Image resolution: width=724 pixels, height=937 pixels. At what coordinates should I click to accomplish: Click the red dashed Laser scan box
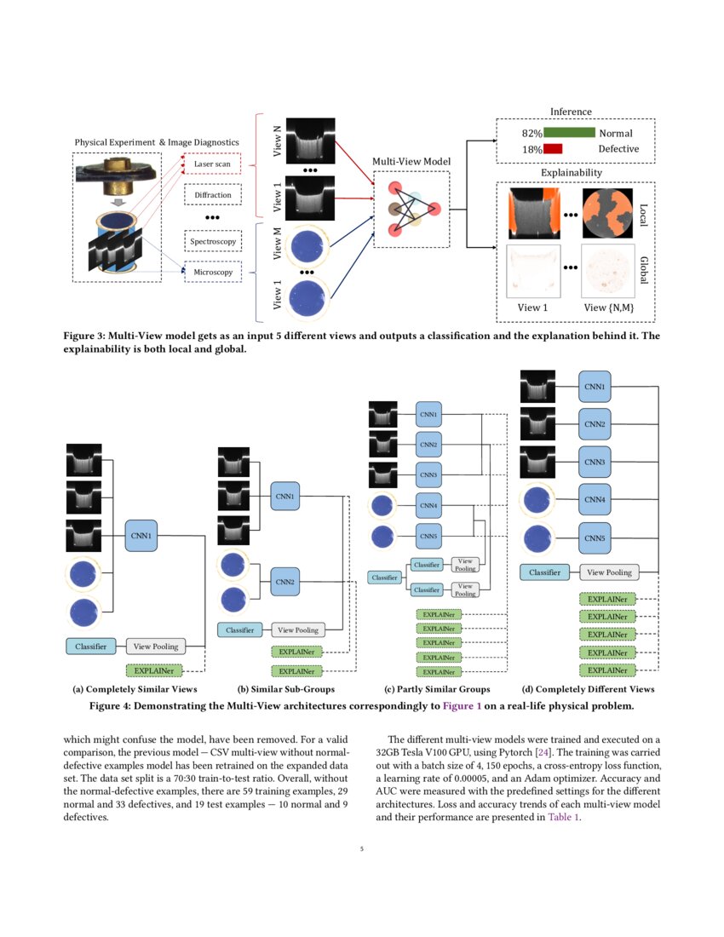click(x=213, y=163)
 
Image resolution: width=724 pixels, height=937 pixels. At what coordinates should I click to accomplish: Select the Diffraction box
click(x=213, y=195)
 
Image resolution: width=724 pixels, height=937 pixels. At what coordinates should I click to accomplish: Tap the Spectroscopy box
click(x=213, y=242)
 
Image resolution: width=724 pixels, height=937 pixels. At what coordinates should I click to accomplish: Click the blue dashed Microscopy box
click(x=213, y=273)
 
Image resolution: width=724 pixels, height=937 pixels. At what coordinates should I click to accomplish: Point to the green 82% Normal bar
click(x=569, y=134)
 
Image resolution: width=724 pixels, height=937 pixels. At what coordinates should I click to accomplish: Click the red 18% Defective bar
click(x=553, y=149)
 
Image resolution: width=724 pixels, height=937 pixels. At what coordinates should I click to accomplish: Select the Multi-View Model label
click(x=412, y=161)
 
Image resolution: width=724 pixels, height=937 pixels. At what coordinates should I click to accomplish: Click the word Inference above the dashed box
click(x=571, y=112)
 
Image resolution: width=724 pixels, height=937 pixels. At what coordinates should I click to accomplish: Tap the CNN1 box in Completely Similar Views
click(x=141, y=535)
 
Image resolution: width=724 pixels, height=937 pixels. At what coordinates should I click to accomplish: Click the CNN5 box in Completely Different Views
click(x=595, y=537)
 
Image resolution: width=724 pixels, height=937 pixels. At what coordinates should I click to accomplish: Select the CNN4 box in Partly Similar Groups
click(x=428, y=506)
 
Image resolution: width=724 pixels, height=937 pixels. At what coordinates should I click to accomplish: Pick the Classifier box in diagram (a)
click(x=89, y=647)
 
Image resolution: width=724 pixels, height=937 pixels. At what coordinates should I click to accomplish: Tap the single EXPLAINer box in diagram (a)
click(x=153, y=670)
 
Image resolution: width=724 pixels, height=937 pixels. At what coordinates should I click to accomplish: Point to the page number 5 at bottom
click(x=362, y=848)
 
